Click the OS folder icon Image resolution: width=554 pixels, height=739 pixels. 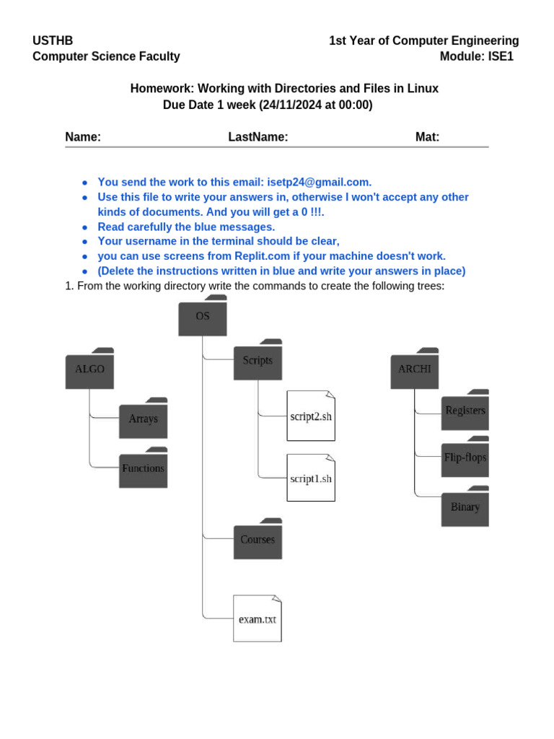203,316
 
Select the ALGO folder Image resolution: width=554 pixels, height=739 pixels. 89,369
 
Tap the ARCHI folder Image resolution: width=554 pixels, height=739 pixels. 415,369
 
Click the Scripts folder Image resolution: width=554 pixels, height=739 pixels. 258,359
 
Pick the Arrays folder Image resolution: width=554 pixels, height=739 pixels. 144,418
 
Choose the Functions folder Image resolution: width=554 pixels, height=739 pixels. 144,468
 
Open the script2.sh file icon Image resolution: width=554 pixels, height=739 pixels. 311,416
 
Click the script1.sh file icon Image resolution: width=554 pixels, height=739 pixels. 311,478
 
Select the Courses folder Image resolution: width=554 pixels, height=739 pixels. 258,538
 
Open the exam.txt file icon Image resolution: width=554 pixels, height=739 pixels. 258,618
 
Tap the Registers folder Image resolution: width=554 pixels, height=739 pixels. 465,410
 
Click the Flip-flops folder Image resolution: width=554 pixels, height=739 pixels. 465,457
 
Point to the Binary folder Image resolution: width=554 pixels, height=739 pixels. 465,506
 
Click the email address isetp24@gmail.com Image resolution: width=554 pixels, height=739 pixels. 319,183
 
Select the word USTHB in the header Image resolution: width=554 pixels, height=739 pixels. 53,40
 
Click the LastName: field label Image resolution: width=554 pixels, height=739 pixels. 258,137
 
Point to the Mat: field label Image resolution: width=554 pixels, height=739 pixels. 427,137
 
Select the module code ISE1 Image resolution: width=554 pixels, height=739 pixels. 501,56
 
